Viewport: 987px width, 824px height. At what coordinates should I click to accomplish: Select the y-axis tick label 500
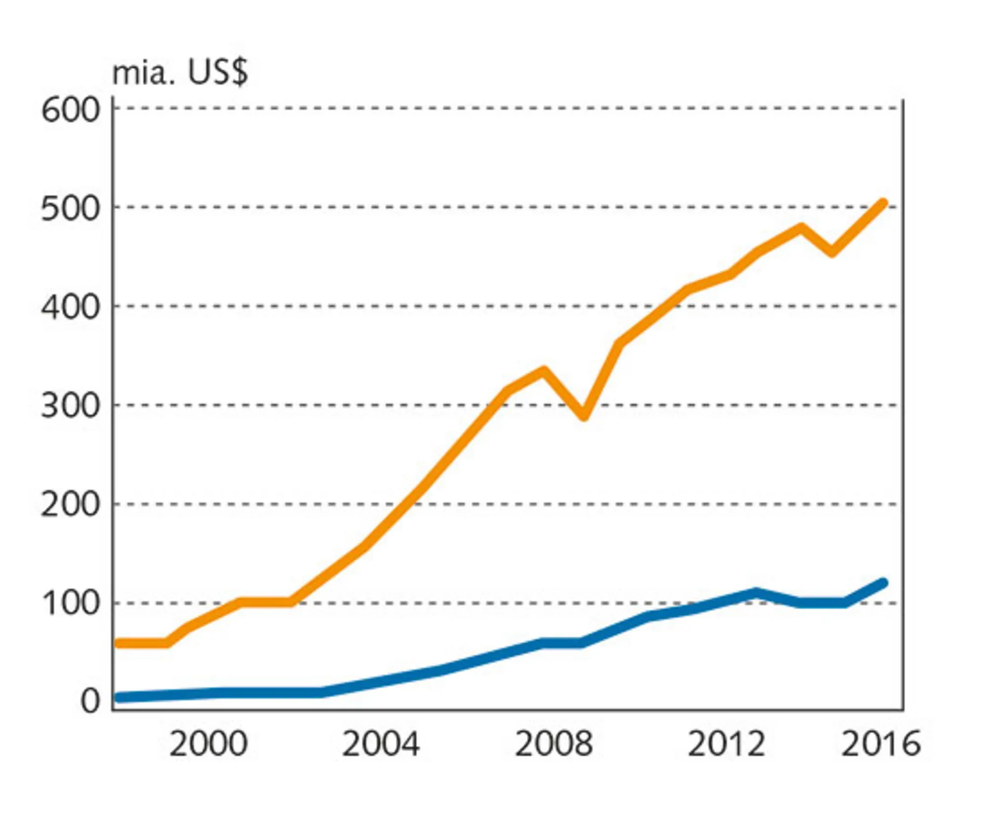click(70, 209)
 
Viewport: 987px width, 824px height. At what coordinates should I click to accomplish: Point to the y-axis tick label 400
click(70, 308)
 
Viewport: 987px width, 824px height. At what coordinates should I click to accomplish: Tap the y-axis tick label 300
click(70, 406)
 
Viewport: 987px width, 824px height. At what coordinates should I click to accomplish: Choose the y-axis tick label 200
click(70, 505)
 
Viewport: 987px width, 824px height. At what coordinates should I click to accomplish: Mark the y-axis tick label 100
click(71, 603)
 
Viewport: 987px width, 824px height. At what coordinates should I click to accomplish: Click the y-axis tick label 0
click(90, 701)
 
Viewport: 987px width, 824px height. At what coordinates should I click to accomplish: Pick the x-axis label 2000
click(208, 744)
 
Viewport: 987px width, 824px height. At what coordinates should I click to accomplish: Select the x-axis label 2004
click(380, 744)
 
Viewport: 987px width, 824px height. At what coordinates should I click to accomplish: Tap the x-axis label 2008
click(553, 744)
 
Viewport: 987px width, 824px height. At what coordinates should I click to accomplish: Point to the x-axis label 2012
click(726, 744)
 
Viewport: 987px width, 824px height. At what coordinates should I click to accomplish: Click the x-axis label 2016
click(881, 744)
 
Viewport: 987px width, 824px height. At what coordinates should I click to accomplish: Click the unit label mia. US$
click(180, 73)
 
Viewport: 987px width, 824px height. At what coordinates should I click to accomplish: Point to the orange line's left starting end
click(118, 643)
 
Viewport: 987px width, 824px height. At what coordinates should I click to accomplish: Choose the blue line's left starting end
click(118, 698)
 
